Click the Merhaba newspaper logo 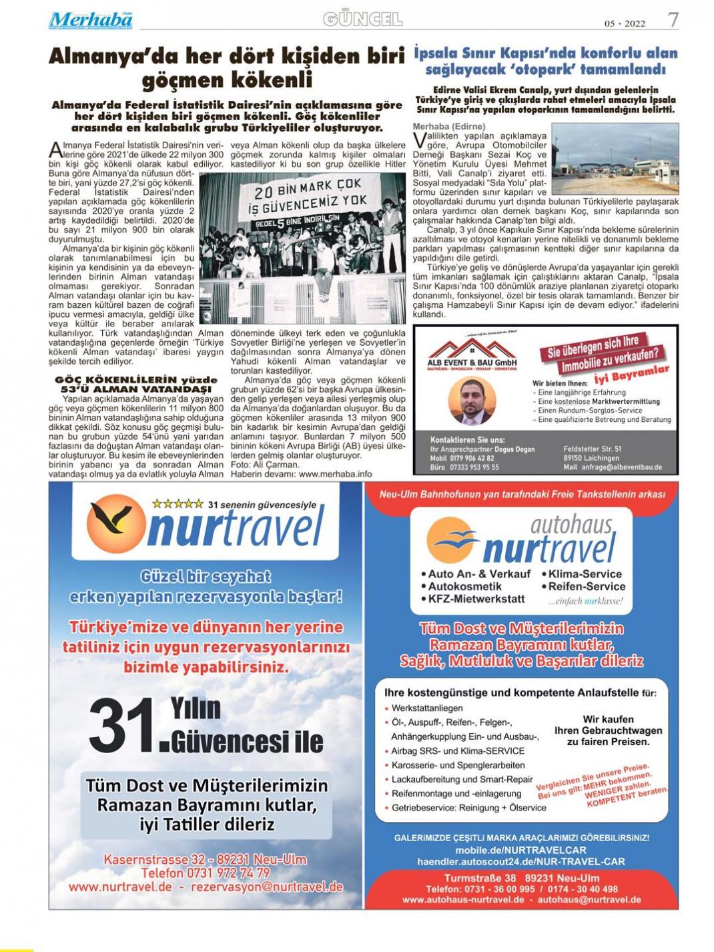click(x=90, y=19)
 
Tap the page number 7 click(x=673, y=19)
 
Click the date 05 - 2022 click(x=625, y=23)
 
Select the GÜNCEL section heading click(x=362, y=19)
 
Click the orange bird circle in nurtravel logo click(x=115, y=525)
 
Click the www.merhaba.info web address click(x=335, y=473)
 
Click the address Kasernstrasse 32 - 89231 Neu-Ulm click(x=205, y=860)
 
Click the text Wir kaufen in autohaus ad click(x=608, y=719)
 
